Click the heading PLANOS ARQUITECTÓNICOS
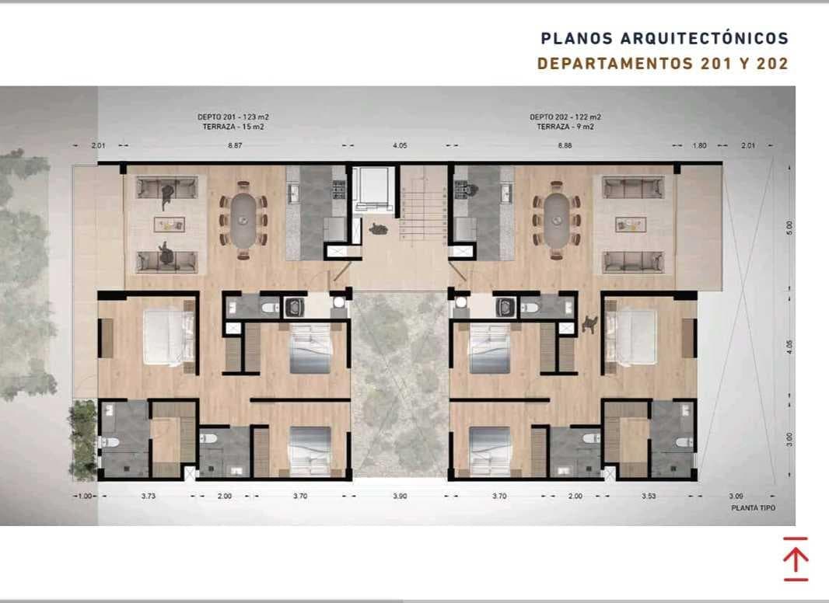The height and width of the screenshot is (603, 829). pyautogui.click(x=665, y=39)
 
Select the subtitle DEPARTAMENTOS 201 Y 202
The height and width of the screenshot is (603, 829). pyautogui.click(x=663, y=64)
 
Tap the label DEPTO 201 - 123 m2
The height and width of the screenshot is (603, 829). pyautogui.click(x=233, y=117)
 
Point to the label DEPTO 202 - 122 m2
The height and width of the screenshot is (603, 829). pyautogui.click(x=565, y=117)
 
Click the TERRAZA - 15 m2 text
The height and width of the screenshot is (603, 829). pyautogui.click(x=233, y=127)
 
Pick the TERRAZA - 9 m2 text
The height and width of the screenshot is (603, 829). pyautogui.click(x=565, y=127)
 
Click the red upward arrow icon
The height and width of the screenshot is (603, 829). pyautogui.click(x=796, y=559)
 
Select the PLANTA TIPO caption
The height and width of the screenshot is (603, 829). pyautogui.click(x=754, y=508)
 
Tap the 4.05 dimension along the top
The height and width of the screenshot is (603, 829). pyautogui.click(x=400, y=145)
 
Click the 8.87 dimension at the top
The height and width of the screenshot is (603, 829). pyautogui.click(x=235, y=145)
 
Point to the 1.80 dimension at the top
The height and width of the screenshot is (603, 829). pyautogui.click(x=699, y=145)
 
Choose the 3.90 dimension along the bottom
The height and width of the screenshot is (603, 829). pyautogui.click(x=400, y=497)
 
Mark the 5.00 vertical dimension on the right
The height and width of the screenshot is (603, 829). pyautogui.click(x=789, y=228)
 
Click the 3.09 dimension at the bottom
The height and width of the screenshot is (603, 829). pyautogui.click(x=736, y=497)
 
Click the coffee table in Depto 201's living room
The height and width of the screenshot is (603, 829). pyautogui.click(x=170, y=224)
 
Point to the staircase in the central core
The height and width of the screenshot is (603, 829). pyautogui.click(x=424, y=217)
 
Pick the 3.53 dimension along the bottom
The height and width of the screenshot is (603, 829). pyautogui.click(x=649, y=497)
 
